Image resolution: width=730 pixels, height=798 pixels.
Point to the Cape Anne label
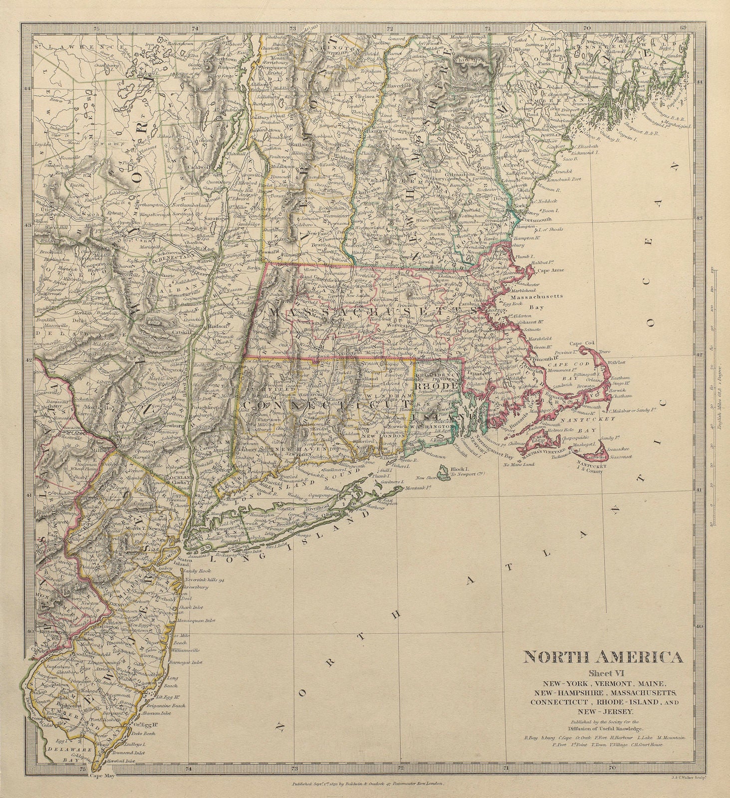(549, 271)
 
